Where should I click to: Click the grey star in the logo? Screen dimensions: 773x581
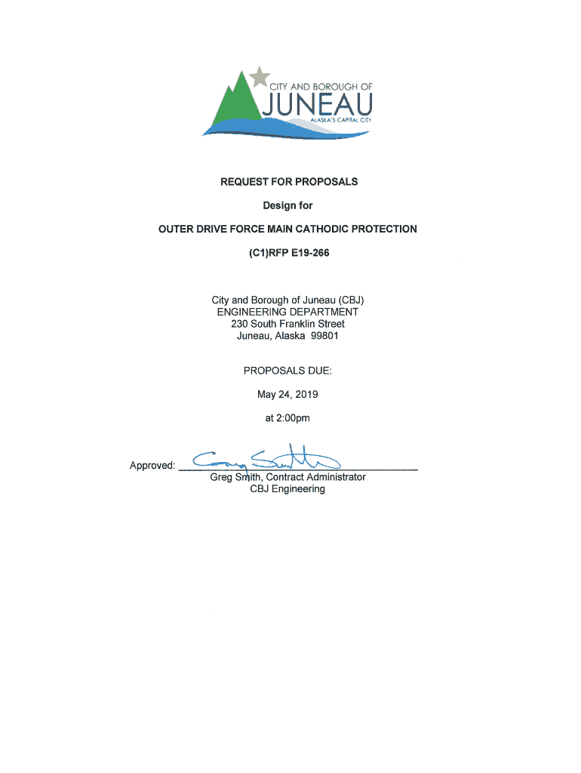click(260, 76)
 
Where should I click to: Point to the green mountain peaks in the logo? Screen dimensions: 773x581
click(239, 98)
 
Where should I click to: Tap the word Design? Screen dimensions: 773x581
click(277, 205)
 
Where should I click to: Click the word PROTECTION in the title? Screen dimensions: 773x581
click(385, 229)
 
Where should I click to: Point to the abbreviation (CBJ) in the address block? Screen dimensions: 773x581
click(347, 300)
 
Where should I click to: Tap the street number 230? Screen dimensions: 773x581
click(240, 324)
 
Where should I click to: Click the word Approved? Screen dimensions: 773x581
click(152, 466)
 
